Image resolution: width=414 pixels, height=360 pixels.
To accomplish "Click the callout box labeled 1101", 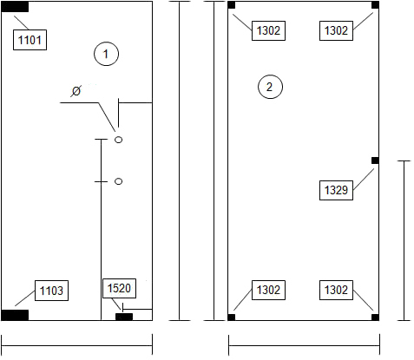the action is tap(30, 40).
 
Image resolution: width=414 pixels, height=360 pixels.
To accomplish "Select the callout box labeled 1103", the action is tap(51, 291).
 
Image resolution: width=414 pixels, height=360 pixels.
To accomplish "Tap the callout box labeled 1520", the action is tap(119, 288).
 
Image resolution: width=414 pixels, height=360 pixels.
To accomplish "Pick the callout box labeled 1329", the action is tap(336, 190).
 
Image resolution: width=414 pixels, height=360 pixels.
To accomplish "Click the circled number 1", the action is tap(106, 54).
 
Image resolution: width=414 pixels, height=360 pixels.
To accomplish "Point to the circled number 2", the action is tap(270, 87).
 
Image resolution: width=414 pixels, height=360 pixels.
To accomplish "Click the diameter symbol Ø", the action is tap(76, 91).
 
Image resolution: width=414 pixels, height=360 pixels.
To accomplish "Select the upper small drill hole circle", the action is tap(119, 140).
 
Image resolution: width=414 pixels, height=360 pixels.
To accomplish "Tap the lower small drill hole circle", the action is tap(119, 181).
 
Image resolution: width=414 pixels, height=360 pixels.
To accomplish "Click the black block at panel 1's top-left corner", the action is tap(15, 7).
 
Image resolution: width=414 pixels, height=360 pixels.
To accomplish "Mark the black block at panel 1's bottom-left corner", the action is tap(15, 315).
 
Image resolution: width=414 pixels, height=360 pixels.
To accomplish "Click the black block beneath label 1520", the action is tap(124, 317).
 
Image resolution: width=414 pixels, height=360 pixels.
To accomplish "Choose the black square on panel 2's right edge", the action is tap(375, 160).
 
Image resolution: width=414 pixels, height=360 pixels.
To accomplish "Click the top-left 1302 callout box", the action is tap(268, 30).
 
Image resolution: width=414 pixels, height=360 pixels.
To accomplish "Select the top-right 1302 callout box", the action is tap(336, 30).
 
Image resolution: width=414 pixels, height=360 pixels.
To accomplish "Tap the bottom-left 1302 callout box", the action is tap(268, 290).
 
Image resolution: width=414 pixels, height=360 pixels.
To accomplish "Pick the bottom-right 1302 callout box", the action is tap(336, 290).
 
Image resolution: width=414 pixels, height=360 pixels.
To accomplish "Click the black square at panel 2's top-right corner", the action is tap(375, 5).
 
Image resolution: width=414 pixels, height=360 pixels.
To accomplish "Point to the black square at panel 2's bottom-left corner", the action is tap(232, 317).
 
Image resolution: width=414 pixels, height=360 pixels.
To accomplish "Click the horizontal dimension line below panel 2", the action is tap(304, 345).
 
